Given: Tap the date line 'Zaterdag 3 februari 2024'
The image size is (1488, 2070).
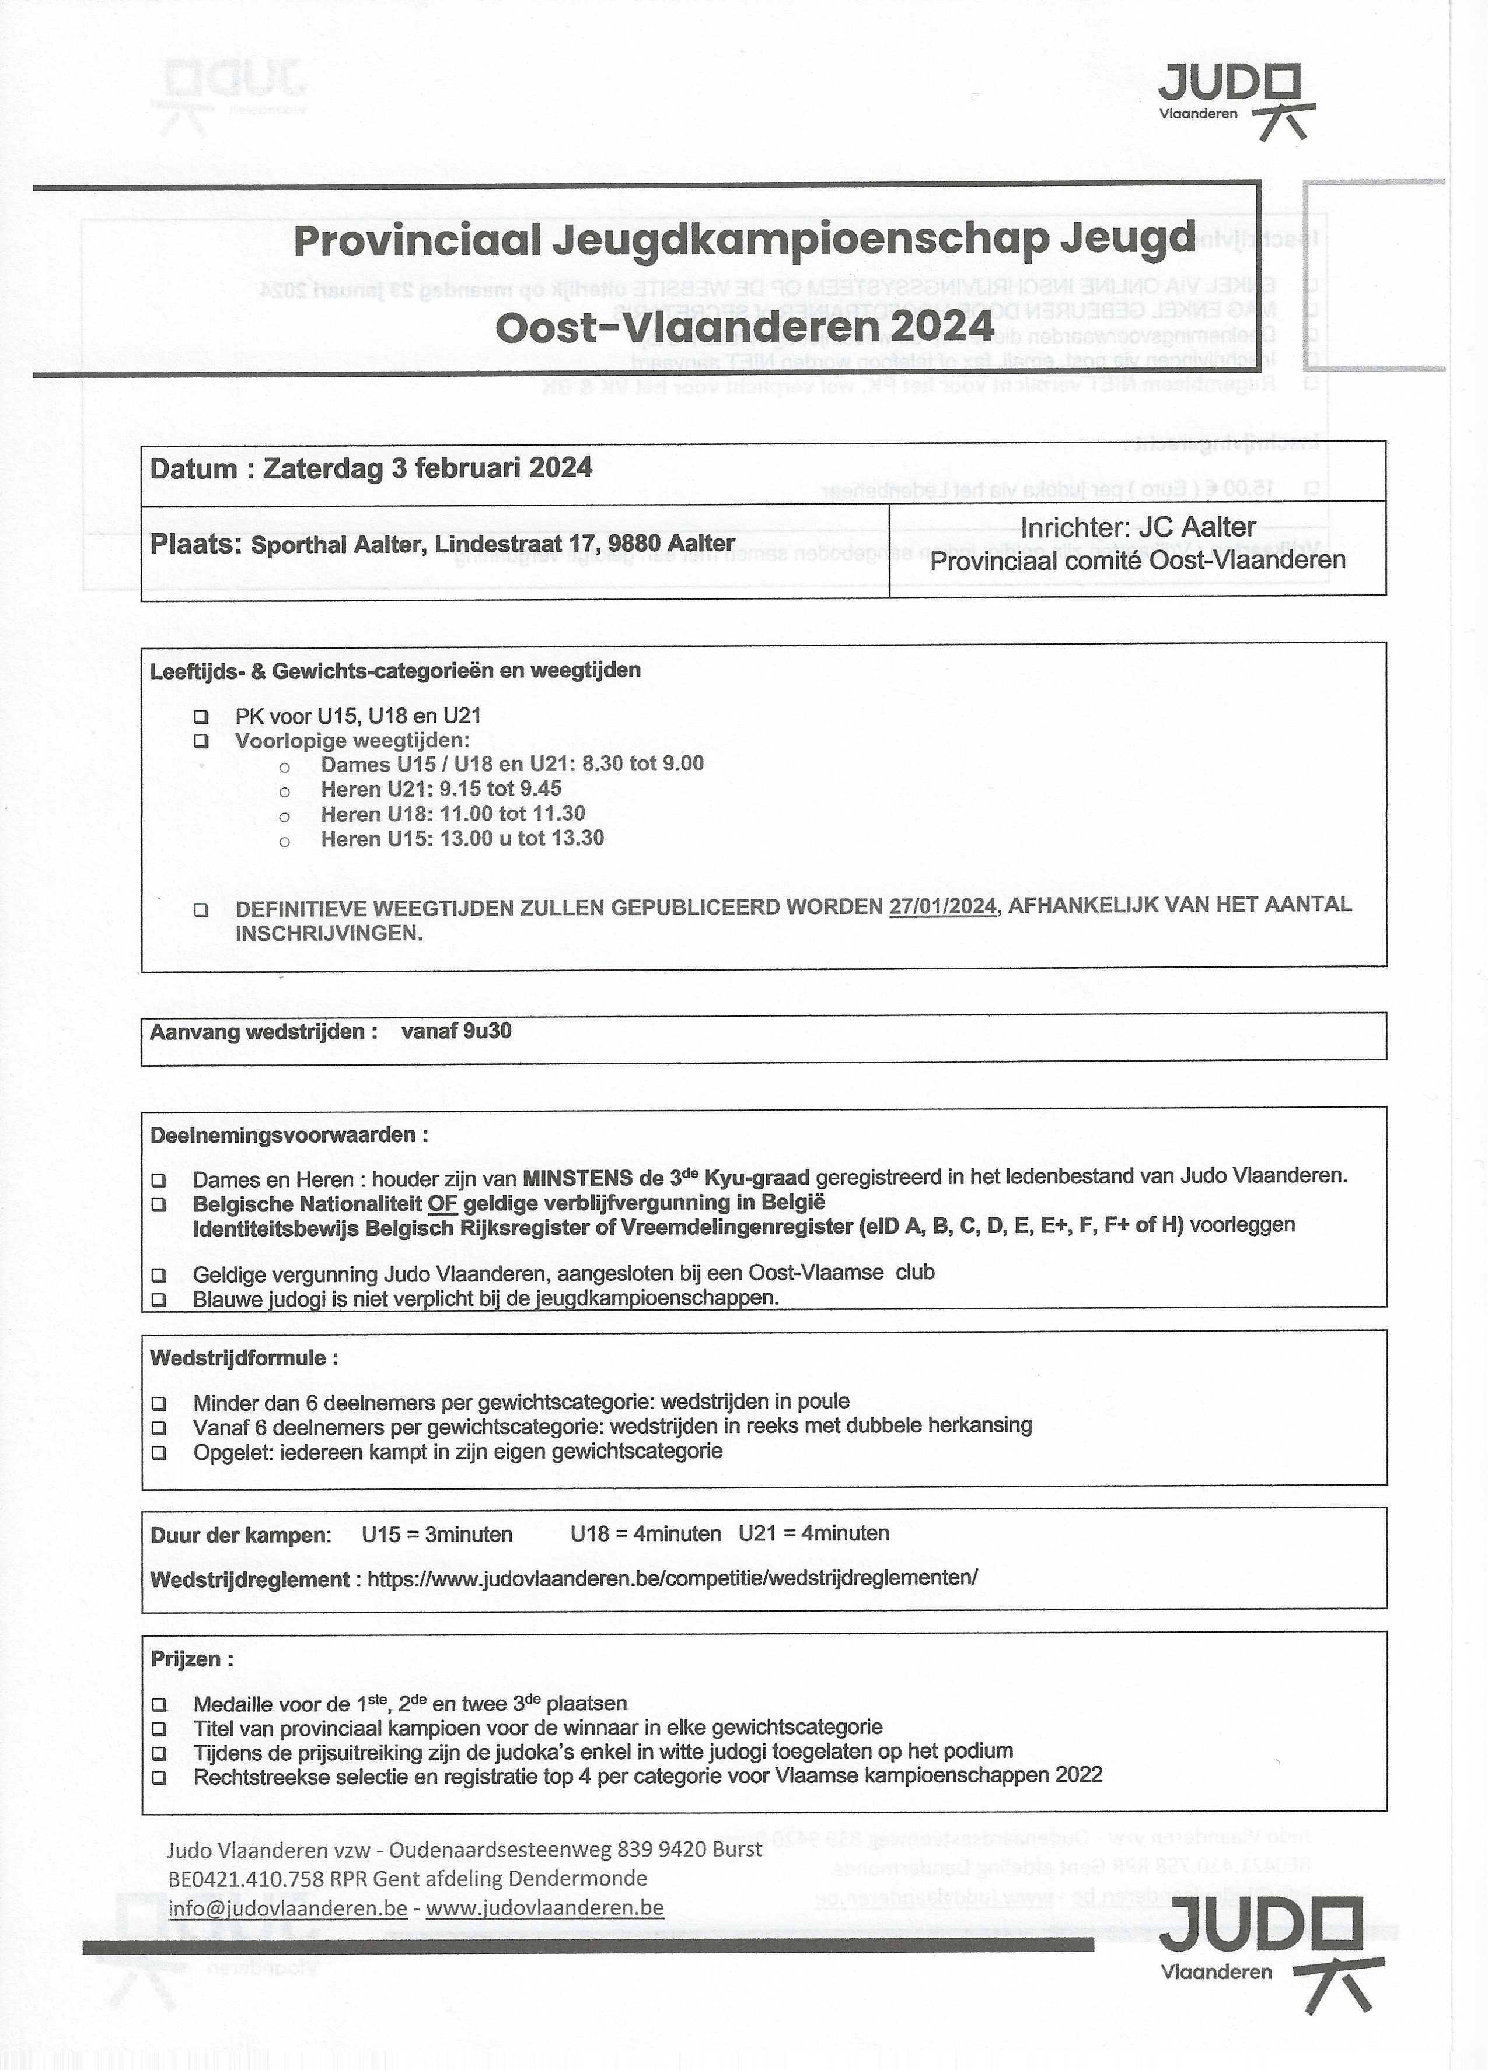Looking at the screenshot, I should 427,468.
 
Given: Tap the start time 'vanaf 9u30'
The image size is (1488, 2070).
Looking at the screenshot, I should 456,1031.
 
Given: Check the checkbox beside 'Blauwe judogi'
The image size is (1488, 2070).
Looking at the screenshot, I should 159,1299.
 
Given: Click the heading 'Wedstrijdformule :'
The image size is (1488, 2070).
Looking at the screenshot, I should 244,1358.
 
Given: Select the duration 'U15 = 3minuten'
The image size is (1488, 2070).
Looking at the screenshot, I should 436,1534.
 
